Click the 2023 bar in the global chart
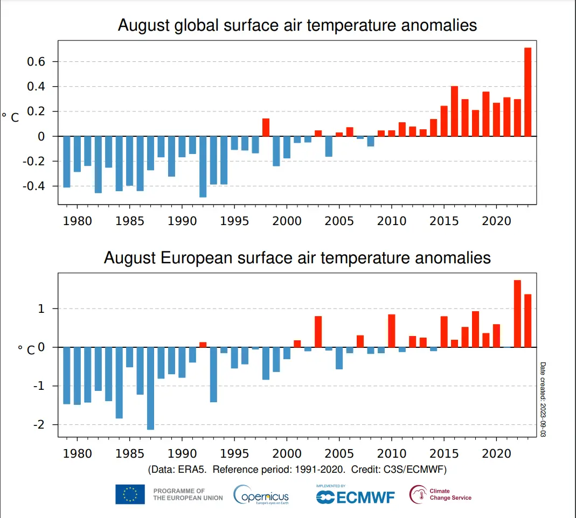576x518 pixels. point(528,92)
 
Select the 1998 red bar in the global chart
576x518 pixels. point(266,128)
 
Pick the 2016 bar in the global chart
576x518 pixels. point(454,111)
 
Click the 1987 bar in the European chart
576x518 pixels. point(150,388)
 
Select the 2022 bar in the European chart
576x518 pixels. point(517,314)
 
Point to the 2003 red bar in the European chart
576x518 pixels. point(318,332)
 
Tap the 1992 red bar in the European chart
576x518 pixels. point(203,345)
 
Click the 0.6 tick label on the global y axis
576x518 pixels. point(35,62)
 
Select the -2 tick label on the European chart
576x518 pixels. point(37,425)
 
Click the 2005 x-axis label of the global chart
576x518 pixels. point(339,222)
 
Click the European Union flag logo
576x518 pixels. point(130,494)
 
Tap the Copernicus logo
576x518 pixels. point(261,495)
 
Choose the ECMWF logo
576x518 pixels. point(355,496)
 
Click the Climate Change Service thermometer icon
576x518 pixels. point(418,494)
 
